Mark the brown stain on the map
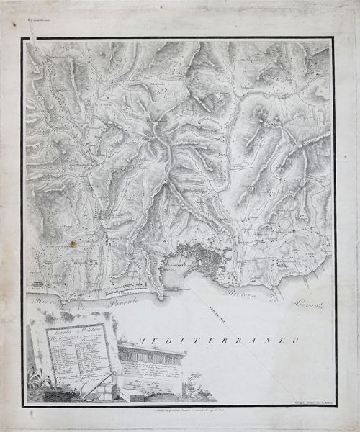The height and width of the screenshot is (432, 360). coord(72,245)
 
